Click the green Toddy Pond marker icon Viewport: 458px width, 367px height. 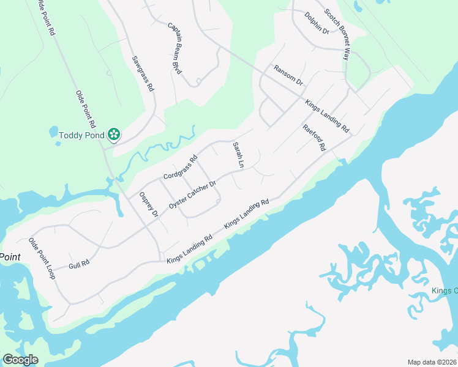click(113, 134)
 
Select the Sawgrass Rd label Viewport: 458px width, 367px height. click(143, 74)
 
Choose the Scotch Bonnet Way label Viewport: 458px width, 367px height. click(336, 34)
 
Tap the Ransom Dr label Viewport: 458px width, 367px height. click(288, 75)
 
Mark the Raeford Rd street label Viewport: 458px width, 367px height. click(314, 138)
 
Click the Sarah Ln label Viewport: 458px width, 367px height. click(238, 155)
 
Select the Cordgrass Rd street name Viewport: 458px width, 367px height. click(181, 168)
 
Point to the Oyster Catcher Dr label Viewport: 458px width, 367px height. click(193, 195)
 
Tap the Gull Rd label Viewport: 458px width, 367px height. click(80, 264)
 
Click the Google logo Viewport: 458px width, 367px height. click(20, 360)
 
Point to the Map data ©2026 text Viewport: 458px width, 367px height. click(432, 362)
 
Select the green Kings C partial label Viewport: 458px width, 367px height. click(445, 291)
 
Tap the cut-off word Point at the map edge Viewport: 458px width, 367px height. click(10, 257)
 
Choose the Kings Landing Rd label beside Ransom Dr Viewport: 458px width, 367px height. click(327, 116)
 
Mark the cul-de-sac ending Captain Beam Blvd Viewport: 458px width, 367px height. click(198, 80)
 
